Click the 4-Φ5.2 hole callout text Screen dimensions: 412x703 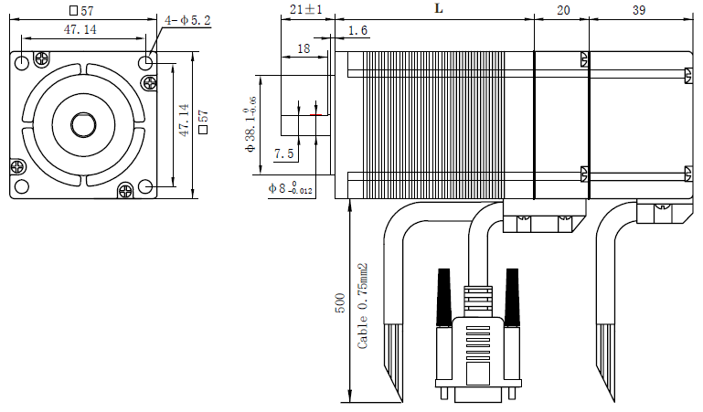pos(186,19)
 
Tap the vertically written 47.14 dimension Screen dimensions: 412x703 pos(183,120)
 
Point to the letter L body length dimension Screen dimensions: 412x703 pos(438,8)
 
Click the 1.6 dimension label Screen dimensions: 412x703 pos(358,31)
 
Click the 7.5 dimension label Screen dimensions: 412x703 pos(284,154)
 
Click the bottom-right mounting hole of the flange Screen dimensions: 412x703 pos(145,187)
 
